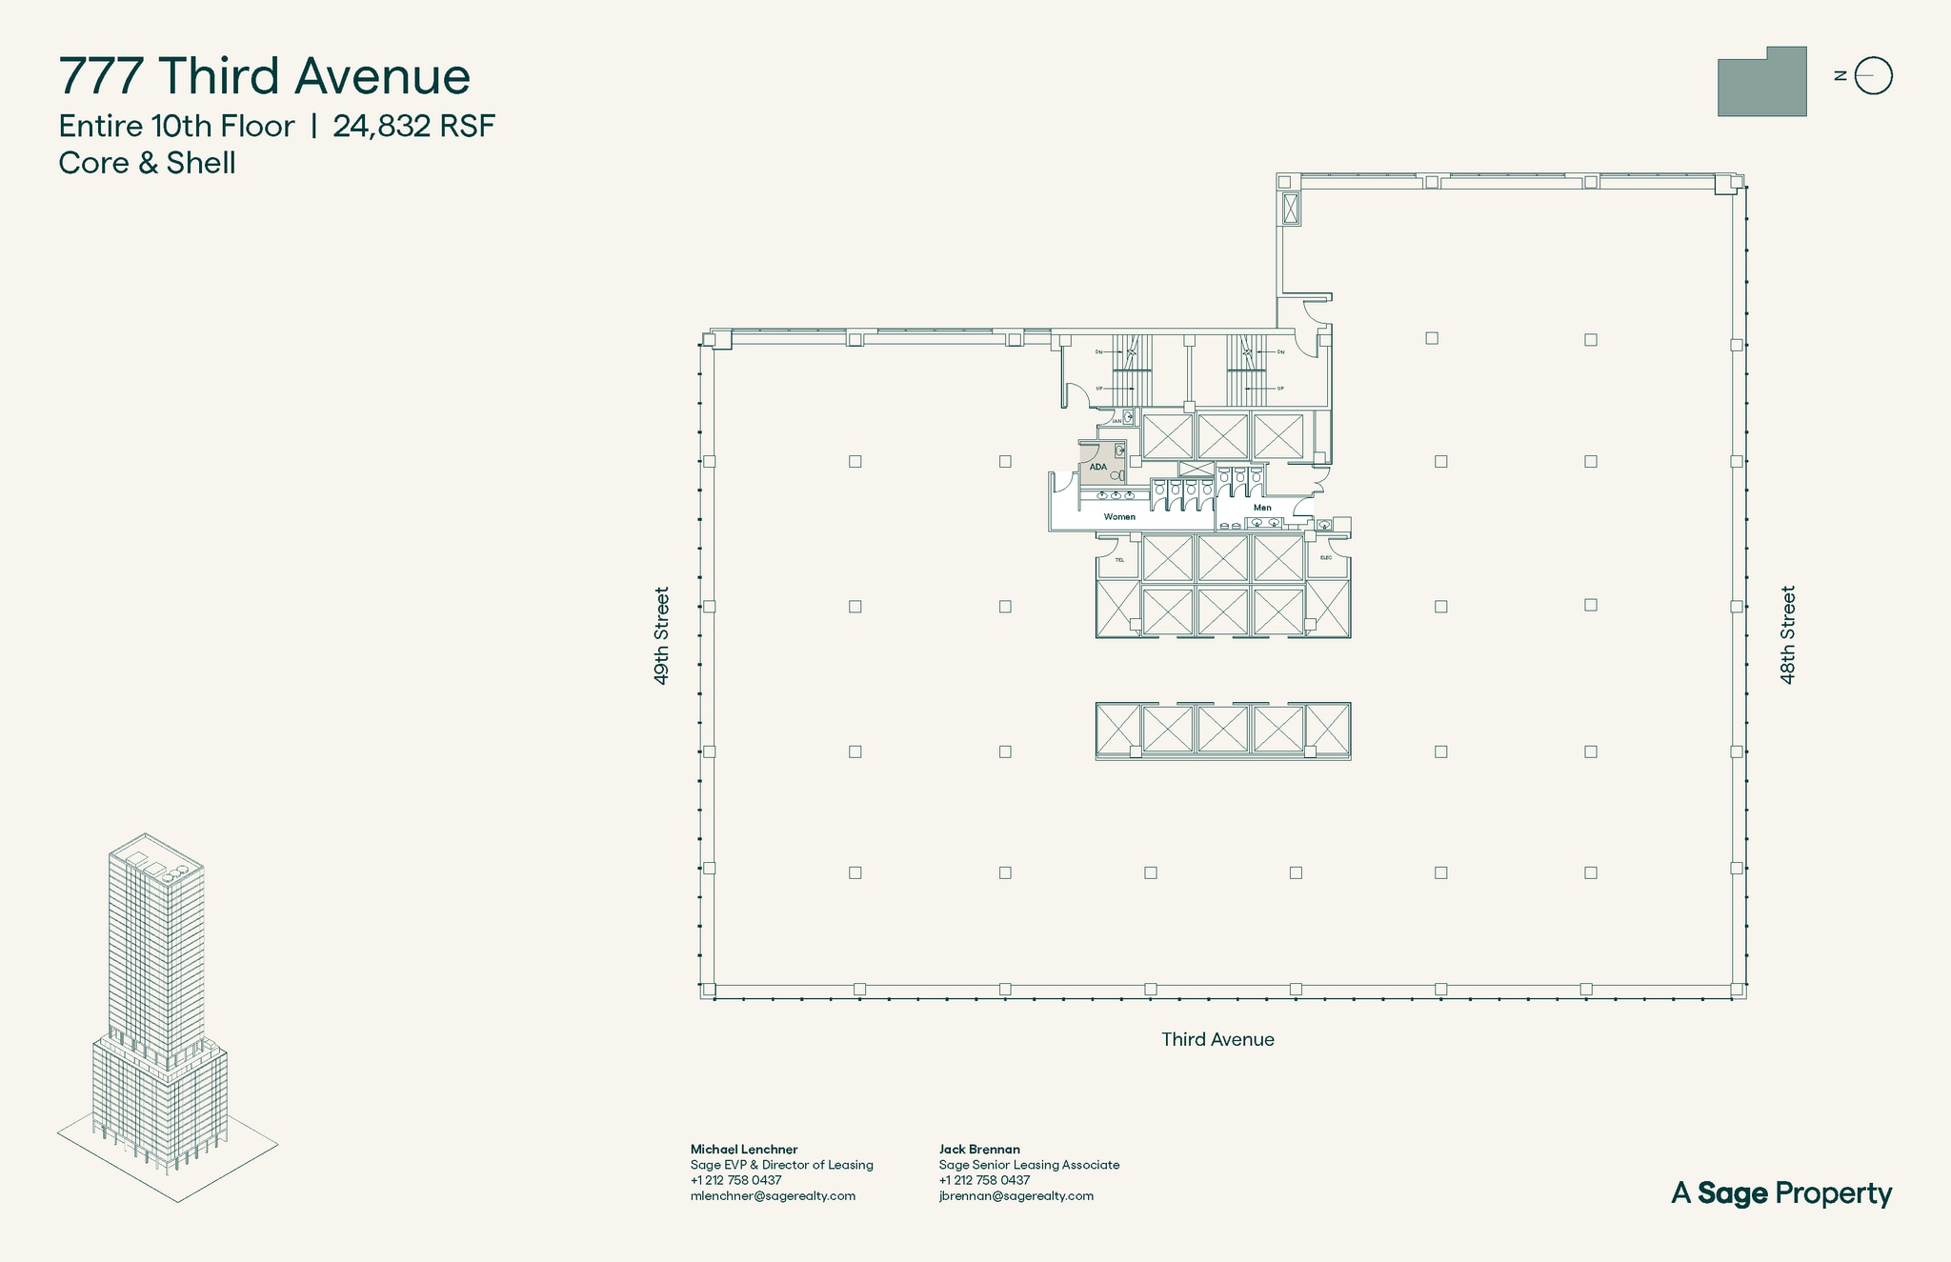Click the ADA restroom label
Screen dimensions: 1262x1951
pyautogui.click(x=1097, y=467)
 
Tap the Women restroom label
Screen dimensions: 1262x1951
pyautogui.click(x=1119, y=517)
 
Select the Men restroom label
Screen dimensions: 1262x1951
pyautogui.click(x=1262, y=508)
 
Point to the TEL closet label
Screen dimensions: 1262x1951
pyautogui.click(x=1119, y=560)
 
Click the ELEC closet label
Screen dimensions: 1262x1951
pyautogui.click(x=1325, y=558)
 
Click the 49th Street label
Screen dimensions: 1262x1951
pyautogui.click(x=661, y=635)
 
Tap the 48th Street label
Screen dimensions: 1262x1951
pyautogui.click(x=1788, y=635)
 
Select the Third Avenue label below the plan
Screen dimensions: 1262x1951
pyautogui.click(x=1217, y=1039)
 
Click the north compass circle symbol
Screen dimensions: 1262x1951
pyautogui.click(x=1874, y=76)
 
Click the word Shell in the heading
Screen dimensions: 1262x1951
pyautogui.click(x=201, y=163)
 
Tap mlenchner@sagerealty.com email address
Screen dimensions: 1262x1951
pyautogui.click(x=773, y=1195)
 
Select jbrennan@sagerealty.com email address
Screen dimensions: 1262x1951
pyautogui.click(x=1016, y=1195)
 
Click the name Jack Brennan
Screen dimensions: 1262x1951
pyautogui.click(x=979, y=1150)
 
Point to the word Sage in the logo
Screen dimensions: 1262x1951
pyautogui.click(x=1733, y=1193)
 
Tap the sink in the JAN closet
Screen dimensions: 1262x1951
pyautogui.click(x=1128, y=416)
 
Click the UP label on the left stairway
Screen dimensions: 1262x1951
pyautogui.click(x=1099, y=389)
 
